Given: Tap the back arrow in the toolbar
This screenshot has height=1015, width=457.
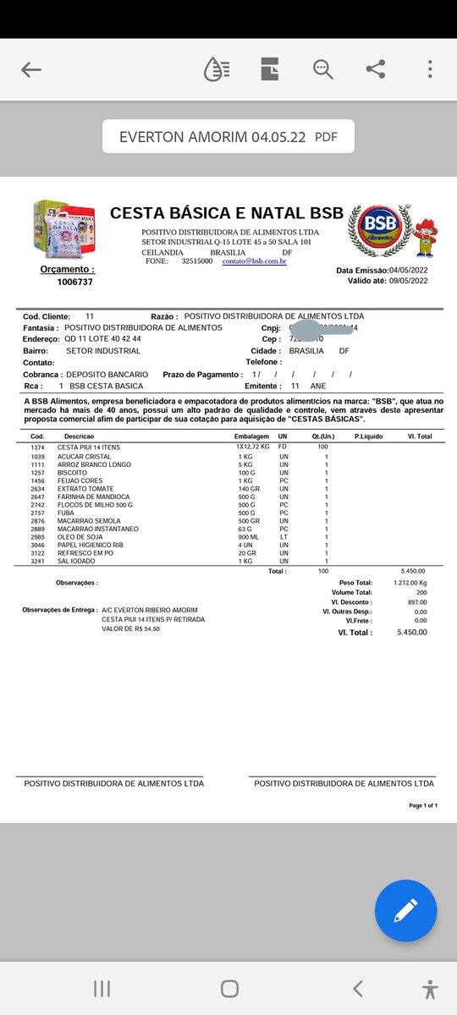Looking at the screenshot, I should [31, 70].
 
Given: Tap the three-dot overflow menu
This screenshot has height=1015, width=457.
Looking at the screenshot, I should [431, 70].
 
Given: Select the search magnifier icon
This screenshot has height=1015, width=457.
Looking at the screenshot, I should [322, 70].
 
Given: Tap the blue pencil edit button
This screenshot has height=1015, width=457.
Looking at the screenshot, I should [405, 910].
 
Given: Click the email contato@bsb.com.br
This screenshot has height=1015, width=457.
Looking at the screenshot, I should [254, 261].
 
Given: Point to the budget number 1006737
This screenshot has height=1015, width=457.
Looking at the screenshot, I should [74, 282].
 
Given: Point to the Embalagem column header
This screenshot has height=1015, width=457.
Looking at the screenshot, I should [251, 436].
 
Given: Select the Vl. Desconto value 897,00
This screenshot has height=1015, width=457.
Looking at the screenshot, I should [416, 602].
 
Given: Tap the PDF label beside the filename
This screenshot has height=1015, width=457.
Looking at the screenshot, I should [326, 136].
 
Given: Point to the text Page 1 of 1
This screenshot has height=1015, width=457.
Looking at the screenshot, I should [423, 805].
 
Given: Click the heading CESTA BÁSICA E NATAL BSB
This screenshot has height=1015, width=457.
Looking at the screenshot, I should [227, 212].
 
